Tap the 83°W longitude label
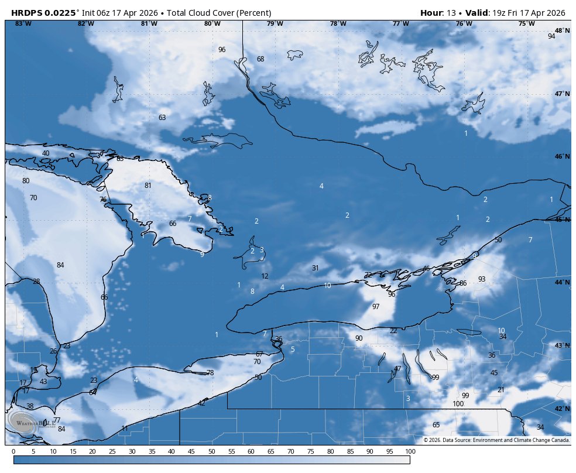click(x=23, y=23)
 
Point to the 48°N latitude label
click(x=562, y=30)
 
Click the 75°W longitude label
click(x=526, y=23)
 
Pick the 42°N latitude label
click(x=562, y=409)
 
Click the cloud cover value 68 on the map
click(x=260, y=59)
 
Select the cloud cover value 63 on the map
click(x=162, y=118)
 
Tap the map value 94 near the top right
click(x=551, y=36)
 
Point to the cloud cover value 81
click(x=148, y=186)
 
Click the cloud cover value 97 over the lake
click(x=376, y=307)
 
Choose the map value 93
click(x=482, y=279)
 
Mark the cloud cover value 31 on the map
click(x=315, y=268)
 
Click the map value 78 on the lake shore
click(x=210, y=373)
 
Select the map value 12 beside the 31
click(x=265, y=276)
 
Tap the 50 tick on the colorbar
click(x=211, y=451)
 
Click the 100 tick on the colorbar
click(x=410, y=451)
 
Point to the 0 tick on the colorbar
click(x=13, y=451)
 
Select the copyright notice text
click(x=496, y=440)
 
